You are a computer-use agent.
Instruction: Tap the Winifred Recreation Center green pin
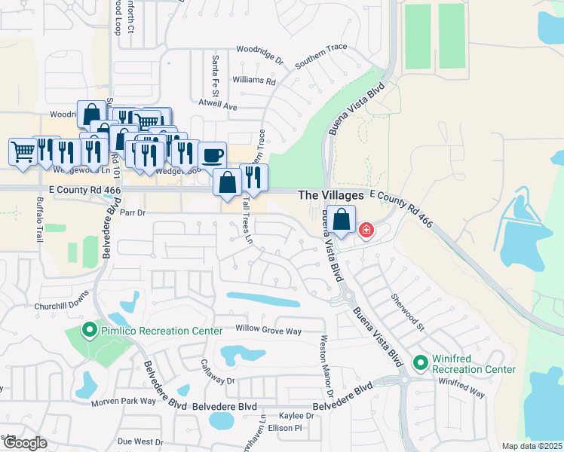(x=421, y=363)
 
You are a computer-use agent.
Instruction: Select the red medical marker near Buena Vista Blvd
(x=366, y=230)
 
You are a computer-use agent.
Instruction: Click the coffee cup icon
(x=212, y=155)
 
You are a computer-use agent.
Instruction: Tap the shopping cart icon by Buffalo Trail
(x=23, y=151)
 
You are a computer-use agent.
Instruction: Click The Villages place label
(x=331, y=195)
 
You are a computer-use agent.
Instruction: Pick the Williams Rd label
(x=254, y=80)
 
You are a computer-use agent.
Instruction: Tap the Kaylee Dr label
(x=296, y=416)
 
